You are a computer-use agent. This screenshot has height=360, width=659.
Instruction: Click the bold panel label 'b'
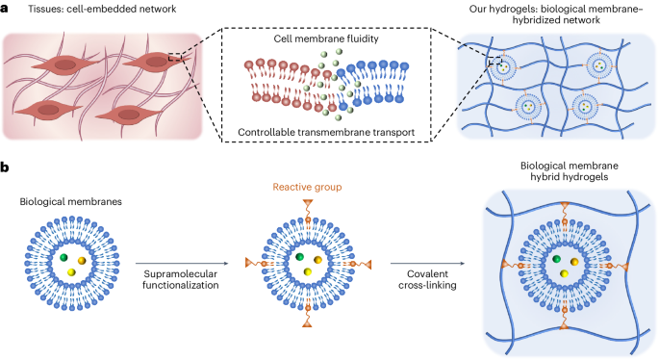[7, 167]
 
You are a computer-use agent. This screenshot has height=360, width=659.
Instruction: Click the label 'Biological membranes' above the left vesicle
[63, 203]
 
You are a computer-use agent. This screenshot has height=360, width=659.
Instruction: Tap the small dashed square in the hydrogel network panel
[494, 63]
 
